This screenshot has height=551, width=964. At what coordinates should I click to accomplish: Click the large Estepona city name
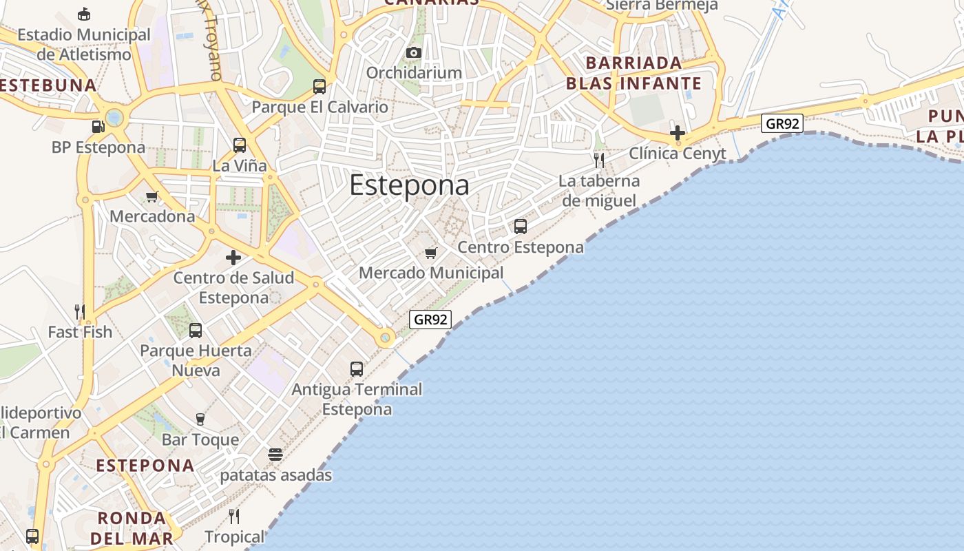(x=410, y=185)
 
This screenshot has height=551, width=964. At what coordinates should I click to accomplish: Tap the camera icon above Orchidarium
(x=414, y=53)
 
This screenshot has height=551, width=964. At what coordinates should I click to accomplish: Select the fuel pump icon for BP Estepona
(x=98, y=126)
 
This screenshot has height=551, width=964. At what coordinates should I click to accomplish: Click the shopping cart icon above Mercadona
(x=152, y=197)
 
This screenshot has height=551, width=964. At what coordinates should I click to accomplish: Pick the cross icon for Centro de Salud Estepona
(x=233, y=258)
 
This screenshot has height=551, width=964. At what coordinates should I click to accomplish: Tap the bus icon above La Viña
(x=240, y=145)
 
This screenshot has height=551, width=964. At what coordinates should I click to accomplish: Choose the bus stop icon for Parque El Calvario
(x=319, y=87)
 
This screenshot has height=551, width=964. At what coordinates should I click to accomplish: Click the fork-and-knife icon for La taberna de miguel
(x=599, y=160)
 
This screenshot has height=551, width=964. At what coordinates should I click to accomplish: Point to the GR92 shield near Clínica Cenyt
(x=783, y=124)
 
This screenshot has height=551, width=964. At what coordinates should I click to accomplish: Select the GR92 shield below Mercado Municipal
(x=430, y=320)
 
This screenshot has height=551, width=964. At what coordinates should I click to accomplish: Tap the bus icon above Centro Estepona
(x=521, y=227)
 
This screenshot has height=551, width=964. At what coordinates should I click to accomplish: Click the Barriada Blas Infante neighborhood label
(x=633, y=73)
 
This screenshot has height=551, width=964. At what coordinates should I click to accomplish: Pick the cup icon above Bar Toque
(x=200, y=419)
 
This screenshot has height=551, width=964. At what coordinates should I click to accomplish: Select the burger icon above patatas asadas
(x=275, y=455)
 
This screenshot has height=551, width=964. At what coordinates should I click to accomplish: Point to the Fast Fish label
(x=80, y=332)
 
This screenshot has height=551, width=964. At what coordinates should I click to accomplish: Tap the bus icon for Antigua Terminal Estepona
(x=357, y=369)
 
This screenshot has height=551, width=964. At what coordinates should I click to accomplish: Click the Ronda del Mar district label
(x=132, y=528)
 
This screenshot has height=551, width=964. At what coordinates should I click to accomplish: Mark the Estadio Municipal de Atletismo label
(x=84, y=44)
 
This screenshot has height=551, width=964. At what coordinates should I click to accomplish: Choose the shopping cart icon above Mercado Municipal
(x=431, y=253)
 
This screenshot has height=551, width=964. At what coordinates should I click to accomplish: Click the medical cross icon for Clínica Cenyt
(x=678, y=133)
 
